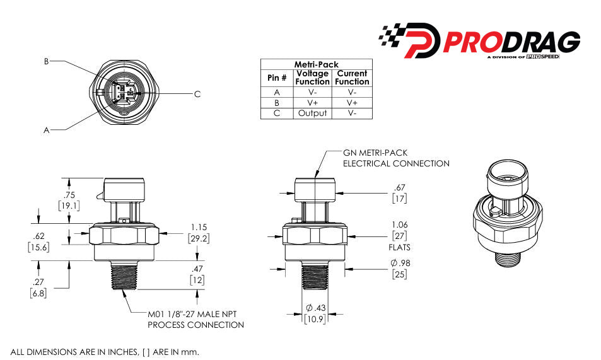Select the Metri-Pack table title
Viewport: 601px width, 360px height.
point(316,64)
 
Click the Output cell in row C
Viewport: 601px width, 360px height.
point(312,113)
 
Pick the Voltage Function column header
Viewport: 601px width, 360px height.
point(313,78)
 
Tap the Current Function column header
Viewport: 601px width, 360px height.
point(352,78)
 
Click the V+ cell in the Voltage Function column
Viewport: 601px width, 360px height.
point(312,102)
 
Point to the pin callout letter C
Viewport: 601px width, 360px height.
point(197,94)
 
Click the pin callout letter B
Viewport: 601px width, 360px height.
point(46,62)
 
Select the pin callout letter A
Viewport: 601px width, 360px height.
point(46,130)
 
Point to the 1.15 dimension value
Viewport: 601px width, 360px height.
point(197,227)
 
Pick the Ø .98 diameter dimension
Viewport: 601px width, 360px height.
point(399,263)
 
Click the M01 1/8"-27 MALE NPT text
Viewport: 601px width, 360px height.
point(195,314)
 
